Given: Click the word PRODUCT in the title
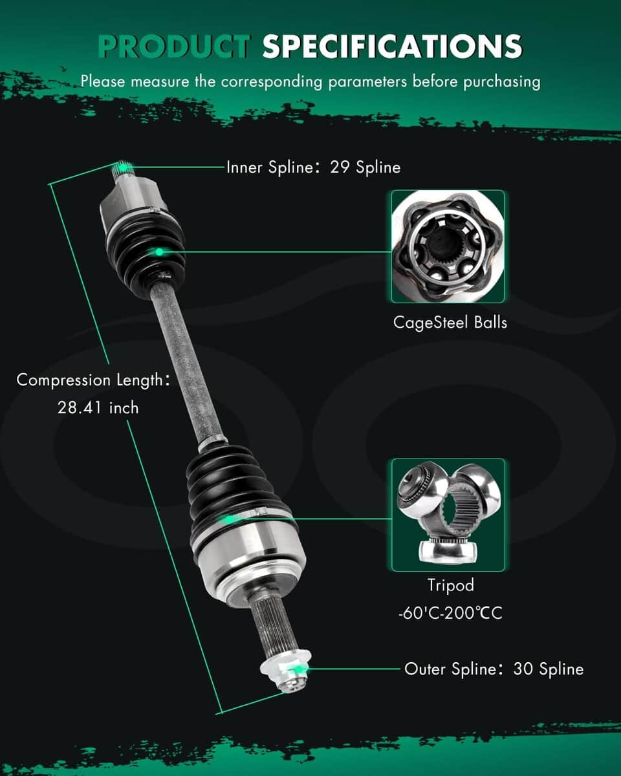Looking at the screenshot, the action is click(x=174, y=47).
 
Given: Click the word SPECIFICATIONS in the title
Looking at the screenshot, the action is click(x=392, y=47).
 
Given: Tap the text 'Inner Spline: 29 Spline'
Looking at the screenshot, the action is click(x=314, y=167).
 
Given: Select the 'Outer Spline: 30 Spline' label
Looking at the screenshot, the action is click(x=494, y=669).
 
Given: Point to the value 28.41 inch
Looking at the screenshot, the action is click(x=98, y=408).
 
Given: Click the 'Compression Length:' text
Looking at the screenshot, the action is click(x=93, y=380).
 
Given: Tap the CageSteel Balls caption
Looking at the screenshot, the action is click(x=450, y=323).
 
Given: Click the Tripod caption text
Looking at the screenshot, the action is click(x=451, y=585).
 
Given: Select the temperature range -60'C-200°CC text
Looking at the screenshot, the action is click(x=450, y=613).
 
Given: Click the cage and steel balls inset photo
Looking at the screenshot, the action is click(x=448, y=246).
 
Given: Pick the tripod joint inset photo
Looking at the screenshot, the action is click(x=448, y=515).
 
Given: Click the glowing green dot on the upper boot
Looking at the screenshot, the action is click(x=159, y=252).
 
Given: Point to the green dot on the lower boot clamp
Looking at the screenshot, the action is click(x=228, y=520).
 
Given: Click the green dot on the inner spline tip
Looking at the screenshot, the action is click(x=124, y=167).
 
